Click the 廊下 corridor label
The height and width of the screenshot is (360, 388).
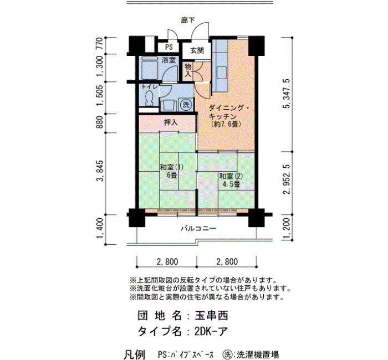188,20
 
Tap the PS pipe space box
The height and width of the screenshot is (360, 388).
169,47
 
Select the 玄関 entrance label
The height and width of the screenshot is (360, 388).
197,51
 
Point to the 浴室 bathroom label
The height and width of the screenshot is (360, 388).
169,60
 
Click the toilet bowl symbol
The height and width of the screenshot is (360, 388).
149,99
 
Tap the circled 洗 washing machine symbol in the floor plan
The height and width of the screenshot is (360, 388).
186,105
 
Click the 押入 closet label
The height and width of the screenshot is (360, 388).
171,122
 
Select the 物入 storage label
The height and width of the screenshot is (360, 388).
188,70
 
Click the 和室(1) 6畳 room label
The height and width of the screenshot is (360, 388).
171,171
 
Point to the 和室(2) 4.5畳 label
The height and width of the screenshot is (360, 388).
231,180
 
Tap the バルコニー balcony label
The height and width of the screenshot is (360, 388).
198,228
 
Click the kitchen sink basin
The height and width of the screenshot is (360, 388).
222,73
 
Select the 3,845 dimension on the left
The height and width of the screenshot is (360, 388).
100,171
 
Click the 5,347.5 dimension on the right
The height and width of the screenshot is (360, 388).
287,94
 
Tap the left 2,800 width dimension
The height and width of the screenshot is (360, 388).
167,261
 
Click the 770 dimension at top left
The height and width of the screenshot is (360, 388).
99,44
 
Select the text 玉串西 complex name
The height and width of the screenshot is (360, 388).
211,316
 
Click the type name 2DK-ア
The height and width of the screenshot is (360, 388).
211,331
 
